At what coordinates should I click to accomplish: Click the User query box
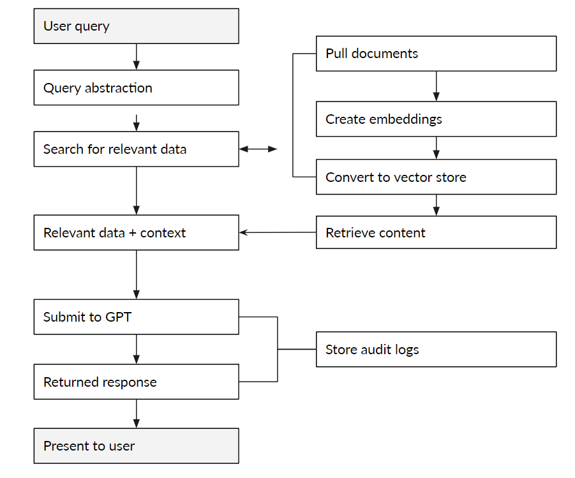pos(136,26)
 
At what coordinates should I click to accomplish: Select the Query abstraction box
pos(136,88)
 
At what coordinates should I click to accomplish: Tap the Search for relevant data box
pos(136,149)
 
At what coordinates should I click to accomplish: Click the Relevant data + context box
pos(136,233)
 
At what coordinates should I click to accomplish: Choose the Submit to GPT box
pos(136,317)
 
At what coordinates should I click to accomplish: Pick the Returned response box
pos(136,382)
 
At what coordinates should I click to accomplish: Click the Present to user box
pos(136,446)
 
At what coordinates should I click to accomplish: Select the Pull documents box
pos(436,54)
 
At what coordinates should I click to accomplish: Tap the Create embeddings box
pos(436,119)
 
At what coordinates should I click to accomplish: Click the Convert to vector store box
pos(436,177)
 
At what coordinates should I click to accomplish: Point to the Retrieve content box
pos(436,233)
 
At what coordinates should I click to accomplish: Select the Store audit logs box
pos(436,350)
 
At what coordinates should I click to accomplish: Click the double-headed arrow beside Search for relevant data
pos(258,149)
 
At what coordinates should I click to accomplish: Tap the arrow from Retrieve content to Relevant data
pos(278,233)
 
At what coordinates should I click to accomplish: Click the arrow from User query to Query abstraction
pos(136,57)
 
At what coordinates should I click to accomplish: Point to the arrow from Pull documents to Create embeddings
pos(437,86)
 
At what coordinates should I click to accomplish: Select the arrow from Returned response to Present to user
pos(136,414)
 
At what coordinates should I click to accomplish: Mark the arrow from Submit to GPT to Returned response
pos(136,350)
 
